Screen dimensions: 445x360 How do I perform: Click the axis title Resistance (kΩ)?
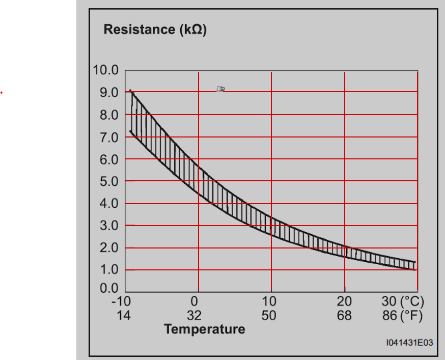(x=155, y=30)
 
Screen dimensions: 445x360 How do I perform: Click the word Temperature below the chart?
(x=205, y=329)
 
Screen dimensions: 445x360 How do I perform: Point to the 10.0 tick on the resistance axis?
(x=105, y=70)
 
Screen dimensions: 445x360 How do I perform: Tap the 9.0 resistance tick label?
(x=109, y=93)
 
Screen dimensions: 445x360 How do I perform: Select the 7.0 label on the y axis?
(x=109, y=137)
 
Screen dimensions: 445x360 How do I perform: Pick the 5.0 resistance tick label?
(x=109, y=182)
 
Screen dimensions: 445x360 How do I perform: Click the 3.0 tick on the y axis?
(x=109, y=226)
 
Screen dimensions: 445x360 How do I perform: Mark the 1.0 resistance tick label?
(x=109, y=270)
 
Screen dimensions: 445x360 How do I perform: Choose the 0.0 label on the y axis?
(x=109, y=288)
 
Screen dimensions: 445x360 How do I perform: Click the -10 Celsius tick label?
(x=121, y=301)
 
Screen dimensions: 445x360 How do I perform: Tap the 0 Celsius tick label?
(x=194, y=301)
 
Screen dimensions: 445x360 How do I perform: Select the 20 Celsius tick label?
(x=344, y=301)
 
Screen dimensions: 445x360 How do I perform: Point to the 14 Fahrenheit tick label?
(x=124, y=315)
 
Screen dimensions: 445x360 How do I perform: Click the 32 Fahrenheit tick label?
(x=194, y=315)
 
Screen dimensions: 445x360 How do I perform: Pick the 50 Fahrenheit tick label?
(x=269, y=315)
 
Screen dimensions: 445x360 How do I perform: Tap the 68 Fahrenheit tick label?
(x=344, y=315)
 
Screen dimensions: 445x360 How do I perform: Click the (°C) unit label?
(x=412, y=301)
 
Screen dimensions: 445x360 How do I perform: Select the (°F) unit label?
(x=411, y=316)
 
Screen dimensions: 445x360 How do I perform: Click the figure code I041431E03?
(x=409, y=343)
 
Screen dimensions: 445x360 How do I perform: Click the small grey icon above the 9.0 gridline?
(x=220, y=89)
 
